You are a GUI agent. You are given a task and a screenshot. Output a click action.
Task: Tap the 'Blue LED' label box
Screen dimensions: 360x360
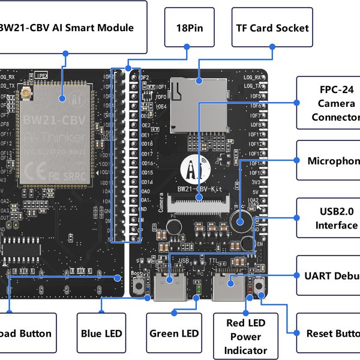(101, 334)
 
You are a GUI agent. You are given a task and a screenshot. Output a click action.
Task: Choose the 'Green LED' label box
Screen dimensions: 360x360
(173, 334)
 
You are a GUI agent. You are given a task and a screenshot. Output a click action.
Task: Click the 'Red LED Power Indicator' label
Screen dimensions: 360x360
(245, 336)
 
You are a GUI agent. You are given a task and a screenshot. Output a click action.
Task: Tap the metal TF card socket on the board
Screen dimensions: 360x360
(199, 104)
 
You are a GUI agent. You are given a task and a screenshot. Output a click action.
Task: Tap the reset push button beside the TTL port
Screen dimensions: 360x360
(260, 286)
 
